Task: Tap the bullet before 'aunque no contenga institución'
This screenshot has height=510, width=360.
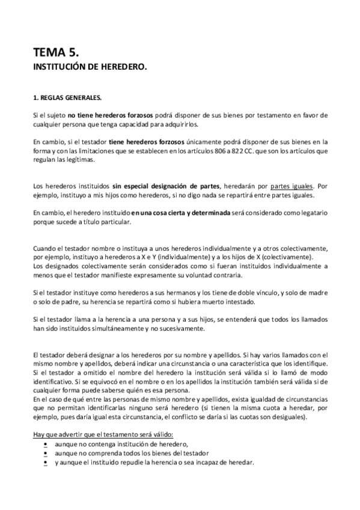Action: click(x=45, y=444)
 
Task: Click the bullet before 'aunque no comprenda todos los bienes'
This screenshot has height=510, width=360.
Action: click(x=45, y=453)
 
